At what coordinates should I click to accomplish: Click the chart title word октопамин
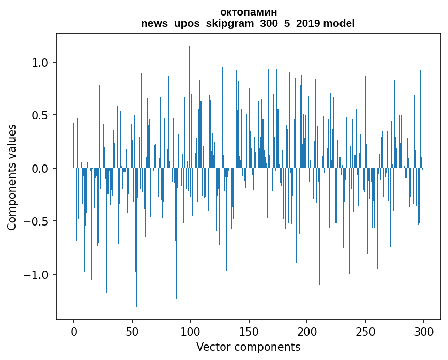pyautogui.click(x=248, y=12)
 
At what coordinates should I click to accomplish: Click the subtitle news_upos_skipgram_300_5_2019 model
pyautogui.click(x=248, y=23)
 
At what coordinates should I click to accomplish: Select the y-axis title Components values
pyautogui.click(x=11, y=177)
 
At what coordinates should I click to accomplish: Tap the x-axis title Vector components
pyautogui.click(x=248, y=347)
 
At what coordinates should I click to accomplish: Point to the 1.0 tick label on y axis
pyautogui.click(x=39, y=63)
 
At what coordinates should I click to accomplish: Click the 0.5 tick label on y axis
pyautogui.click(x=39, y=115)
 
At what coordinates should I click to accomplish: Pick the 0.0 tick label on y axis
pyautogui.click(x=39, y=169)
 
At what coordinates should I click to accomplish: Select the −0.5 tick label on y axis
pyautogui.click(x=36, y=221)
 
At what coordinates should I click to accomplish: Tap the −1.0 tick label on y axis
pyautogui.click(x=36, y=275)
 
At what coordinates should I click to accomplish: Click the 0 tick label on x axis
pyautogui.click(x=74, y=331)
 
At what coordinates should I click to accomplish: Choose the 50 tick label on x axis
pyautogui.click(x=132, y=331)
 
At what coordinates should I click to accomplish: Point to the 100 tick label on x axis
pyautogui.click(x=191, y=331)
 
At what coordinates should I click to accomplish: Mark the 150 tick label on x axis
pyautogui.click(x=249, y=331)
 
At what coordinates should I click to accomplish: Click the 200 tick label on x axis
pyautogui.click(x=307, y=331)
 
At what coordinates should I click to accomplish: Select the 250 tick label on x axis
pyautogui.click(x=365, y=331)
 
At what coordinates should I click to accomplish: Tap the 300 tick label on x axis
pyautogui.click(x=424, y=331)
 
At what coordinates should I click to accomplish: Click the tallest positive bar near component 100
pyautogui.click(x=190, y=103)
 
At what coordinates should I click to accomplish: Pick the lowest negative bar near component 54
pyautogui.click(x=137, y=238)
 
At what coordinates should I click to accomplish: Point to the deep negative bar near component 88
pyautogui.click(x=177, y=233)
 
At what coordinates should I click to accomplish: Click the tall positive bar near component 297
pyautogui.click(x=420, y=119)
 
